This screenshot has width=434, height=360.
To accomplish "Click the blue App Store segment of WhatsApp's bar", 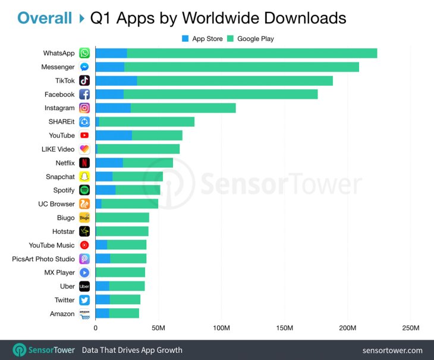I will pyautogui.click(x=111, y=54).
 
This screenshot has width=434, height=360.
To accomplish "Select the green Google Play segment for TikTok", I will pyautogui.click(x=235, y=81).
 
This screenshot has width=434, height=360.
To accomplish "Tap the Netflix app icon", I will pyautogui.click(x=84, y=163).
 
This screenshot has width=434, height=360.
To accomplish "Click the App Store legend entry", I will pyautogui.click(x=202, y=39).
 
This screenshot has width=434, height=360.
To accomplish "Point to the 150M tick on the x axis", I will pyautogui.click(x=285, y=328).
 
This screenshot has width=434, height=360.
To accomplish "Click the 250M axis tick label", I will pyautogui.click(x=411, y=328).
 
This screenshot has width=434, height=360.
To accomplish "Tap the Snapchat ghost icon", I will pyautogui.click(x=84, y=177).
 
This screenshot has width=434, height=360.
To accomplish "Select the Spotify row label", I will pyautogui.click(x=64, y=190).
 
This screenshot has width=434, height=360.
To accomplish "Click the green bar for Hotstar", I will pyautogui.click(x=122, y=231).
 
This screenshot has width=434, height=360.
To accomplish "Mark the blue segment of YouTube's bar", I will pyautogui.click(x=114, y=136).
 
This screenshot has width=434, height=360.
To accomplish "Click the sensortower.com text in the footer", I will pyautogui.click(x=392, y=350).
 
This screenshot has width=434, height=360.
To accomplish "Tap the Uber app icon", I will pyautogui.click(x=84, y=286).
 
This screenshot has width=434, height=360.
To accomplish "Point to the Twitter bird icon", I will pyautogui.click(x=84, y=300).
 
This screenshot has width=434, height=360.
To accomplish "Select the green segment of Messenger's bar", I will pyautogui.click(x=241, y=67).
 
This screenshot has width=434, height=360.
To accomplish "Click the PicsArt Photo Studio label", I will pyautogui.click(x=43, y=259).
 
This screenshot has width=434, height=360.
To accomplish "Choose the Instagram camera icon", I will pyautogui.click(x=84, y=108).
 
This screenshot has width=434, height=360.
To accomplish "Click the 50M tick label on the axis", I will pyautogui.click(x=158, y=328).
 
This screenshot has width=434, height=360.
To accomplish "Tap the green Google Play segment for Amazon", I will pyautogui.click(x=124, y=314).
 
